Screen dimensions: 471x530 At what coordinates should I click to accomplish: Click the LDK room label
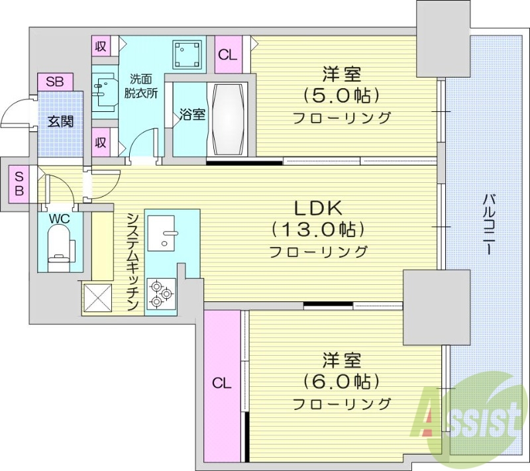(x=317, y=208)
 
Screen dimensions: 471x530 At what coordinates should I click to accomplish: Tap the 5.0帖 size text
(x=342, y=95)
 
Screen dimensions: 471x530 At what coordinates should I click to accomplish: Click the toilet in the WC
(x=60, y=243)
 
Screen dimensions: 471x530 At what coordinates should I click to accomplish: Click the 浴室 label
(x=192, y=114)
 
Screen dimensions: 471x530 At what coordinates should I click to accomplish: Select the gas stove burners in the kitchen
(x=161, y=293)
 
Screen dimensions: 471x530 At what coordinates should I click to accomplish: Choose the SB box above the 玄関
(x=55, y=82)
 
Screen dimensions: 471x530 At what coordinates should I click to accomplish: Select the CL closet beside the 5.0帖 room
(x=228, y=55)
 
